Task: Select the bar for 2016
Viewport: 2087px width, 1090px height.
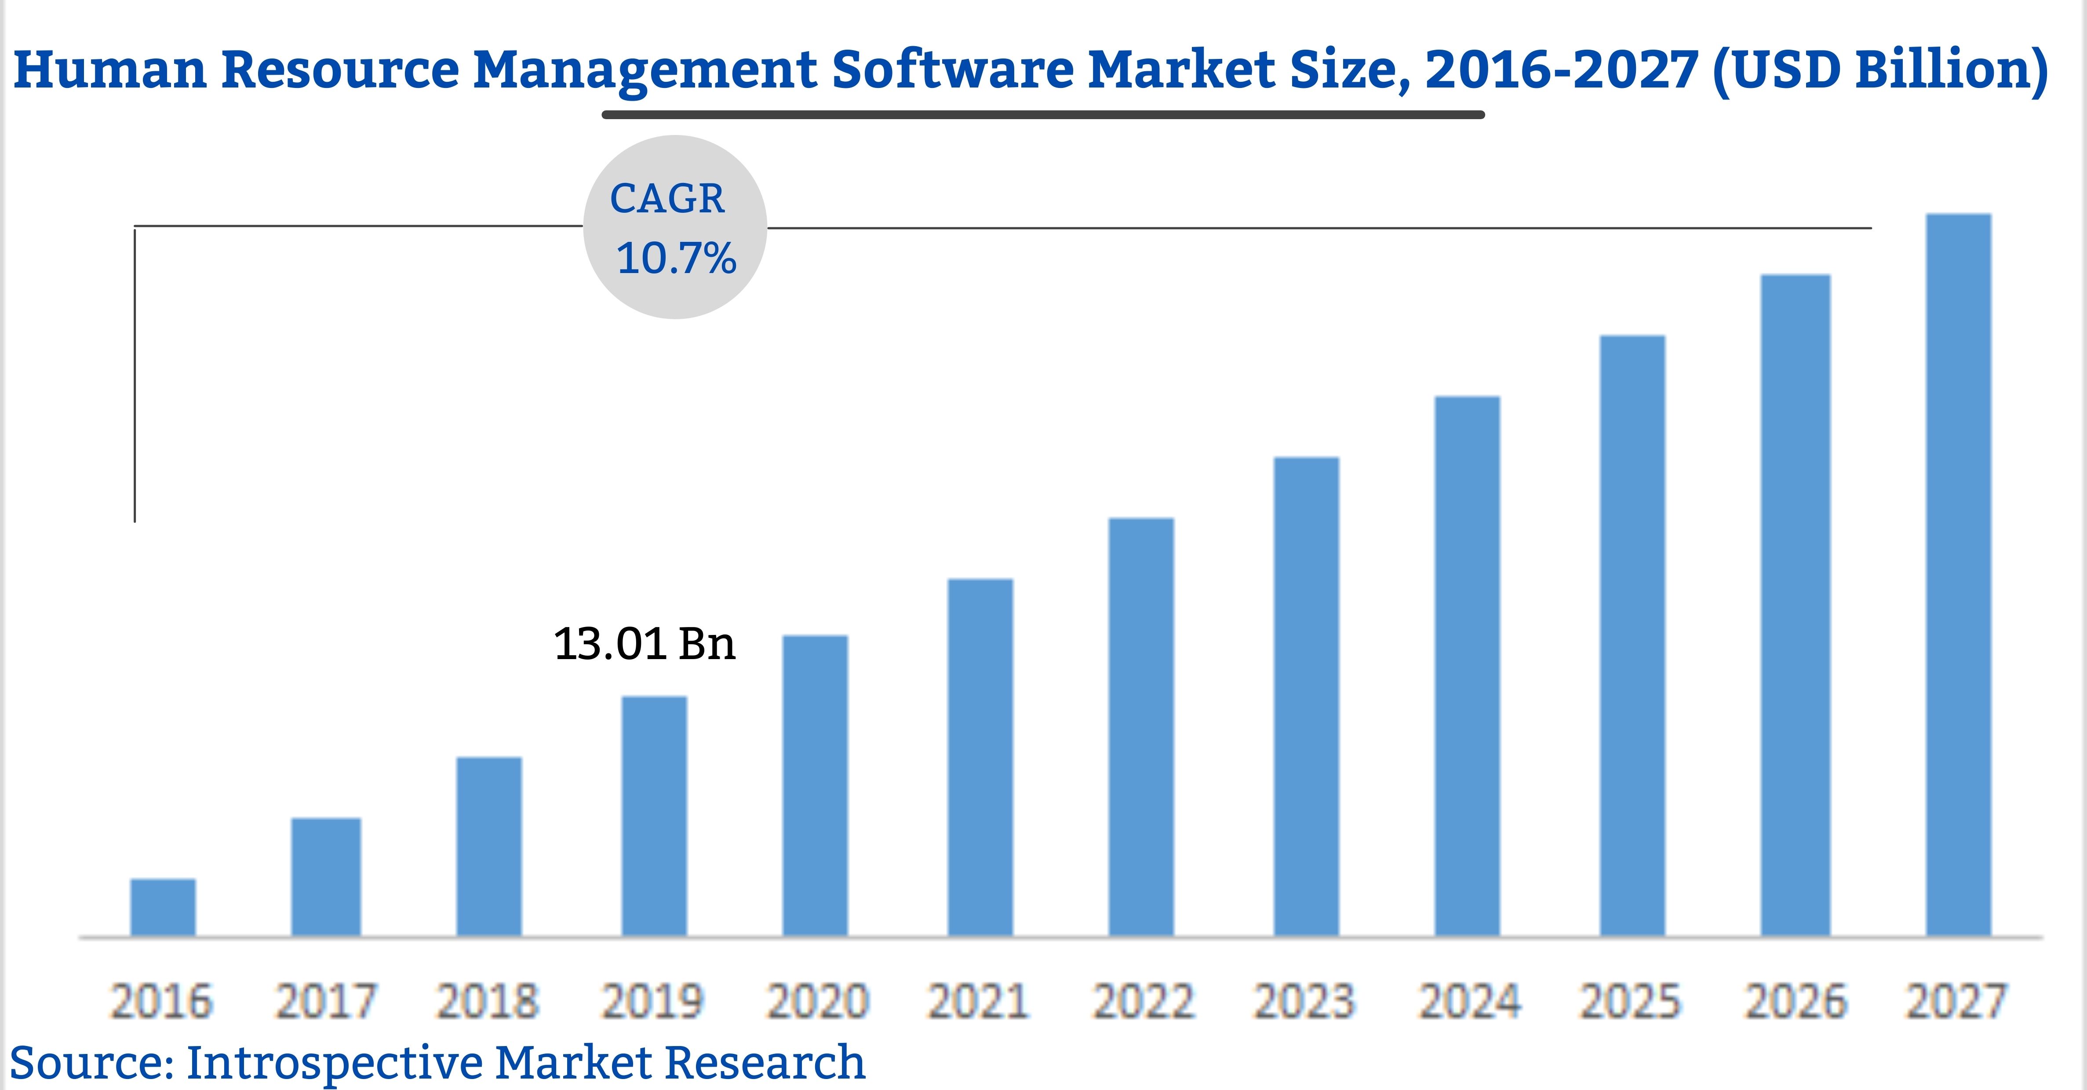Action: [x=163, y=908]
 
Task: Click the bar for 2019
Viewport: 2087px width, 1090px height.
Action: [x=654, y=816]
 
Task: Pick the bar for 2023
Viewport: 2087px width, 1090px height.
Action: [x=1306, y=697]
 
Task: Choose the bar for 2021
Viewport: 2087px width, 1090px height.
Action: [x=980, y=758]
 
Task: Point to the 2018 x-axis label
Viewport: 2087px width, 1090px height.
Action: [x=487, y=1002]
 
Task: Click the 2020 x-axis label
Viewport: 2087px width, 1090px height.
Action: [x=817, y=1002]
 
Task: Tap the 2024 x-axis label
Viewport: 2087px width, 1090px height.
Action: [x=1469, y=1002]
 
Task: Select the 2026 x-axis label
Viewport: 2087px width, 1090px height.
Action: [x=1796, y=1002]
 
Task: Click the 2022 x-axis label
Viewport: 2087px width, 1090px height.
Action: [x=1143, y=1002]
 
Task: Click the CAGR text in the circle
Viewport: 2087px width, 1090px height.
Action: [x=667, y=199]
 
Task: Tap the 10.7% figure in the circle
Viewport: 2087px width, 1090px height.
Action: [x=676, y=259]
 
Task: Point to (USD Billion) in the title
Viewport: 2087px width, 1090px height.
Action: [x=1879, y=70]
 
